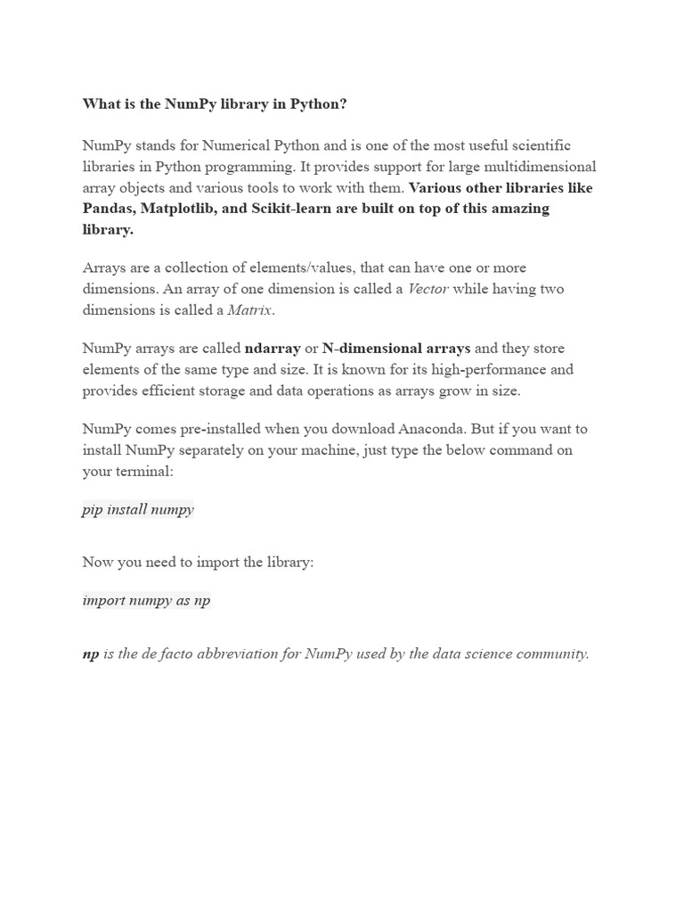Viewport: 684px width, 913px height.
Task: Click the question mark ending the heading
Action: point(343,104)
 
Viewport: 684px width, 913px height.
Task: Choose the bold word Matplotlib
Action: point(186,209)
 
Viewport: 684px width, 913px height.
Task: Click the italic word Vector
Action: point(427,289)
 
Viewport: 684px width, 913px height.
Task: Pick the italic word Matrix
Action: point(252,310)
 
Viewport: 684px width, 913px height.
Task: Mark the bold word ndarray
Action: point(273,348)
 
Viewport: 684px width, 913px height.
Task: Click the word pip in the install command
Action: point(92,510)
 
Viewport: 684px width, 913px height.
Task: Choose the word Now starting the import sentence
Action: point(98,563)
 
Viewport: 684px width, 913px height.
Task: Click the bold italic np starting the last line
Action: point(91,654)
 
